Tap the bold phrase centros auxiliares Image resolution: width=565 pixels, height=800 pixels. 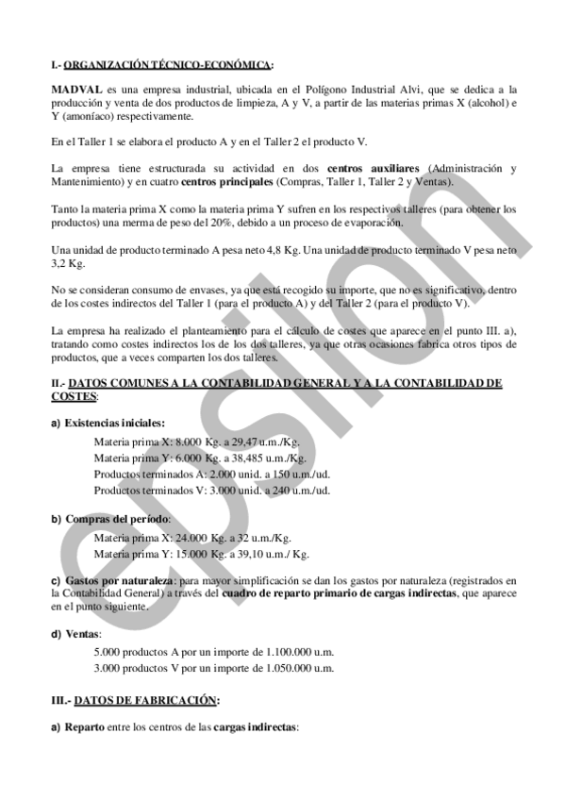(372, 168)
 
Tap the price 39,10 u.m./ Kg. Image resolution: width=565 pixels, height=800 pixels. (274, 554)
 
